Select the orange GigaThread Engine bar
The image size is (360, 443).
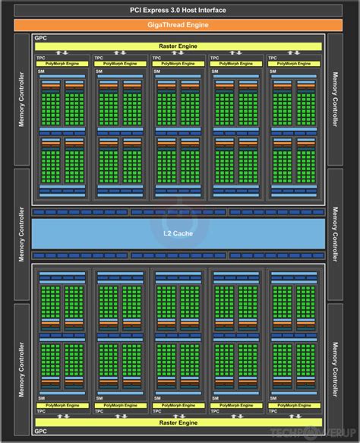[180, 24]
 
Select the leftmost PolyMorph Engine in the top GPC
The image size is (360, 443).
[63, 64]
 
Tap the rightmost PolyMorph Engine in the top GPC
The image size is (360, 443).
[297, 64]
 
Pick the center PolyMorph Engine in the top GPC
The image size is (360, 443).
[180, 64]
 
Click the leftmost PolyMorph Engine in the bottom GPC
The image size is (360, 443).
[63, 405]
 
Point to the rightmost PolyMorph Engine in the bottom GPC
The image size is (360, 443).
[297, 405]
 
